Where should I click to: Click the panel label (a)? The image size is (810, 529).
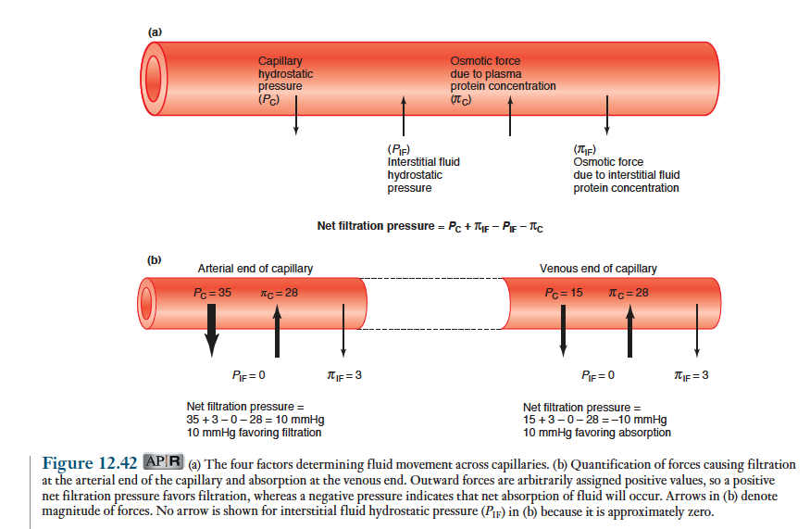(x=155, y=32)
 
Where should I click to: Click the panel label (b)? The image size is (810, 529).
(x=155, y=258)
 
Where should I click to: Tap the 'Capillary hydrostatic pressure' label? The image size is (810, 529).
(x=285, y=80)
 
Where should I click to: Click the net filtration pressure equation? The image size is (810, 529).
(x=436, y=226)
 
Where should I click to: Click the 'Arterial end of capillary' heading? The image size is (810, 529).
(x=255, y=269)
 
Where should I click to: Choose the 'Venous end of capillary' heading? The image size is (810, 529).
(x=598, y=269)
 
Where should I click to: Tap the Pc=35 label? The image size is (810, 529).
(x=212, y=293)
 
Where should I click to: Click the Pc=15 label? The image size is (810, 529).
(x=565, y=293)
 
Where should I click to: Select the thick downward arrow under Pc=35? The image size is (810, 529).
(x=212, y=329)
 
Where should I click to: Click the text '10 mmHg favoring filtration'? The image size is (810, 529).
(x=254, y=433)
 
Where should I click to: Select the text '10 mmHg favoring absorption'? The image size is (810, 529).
(x=596, y=433)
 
